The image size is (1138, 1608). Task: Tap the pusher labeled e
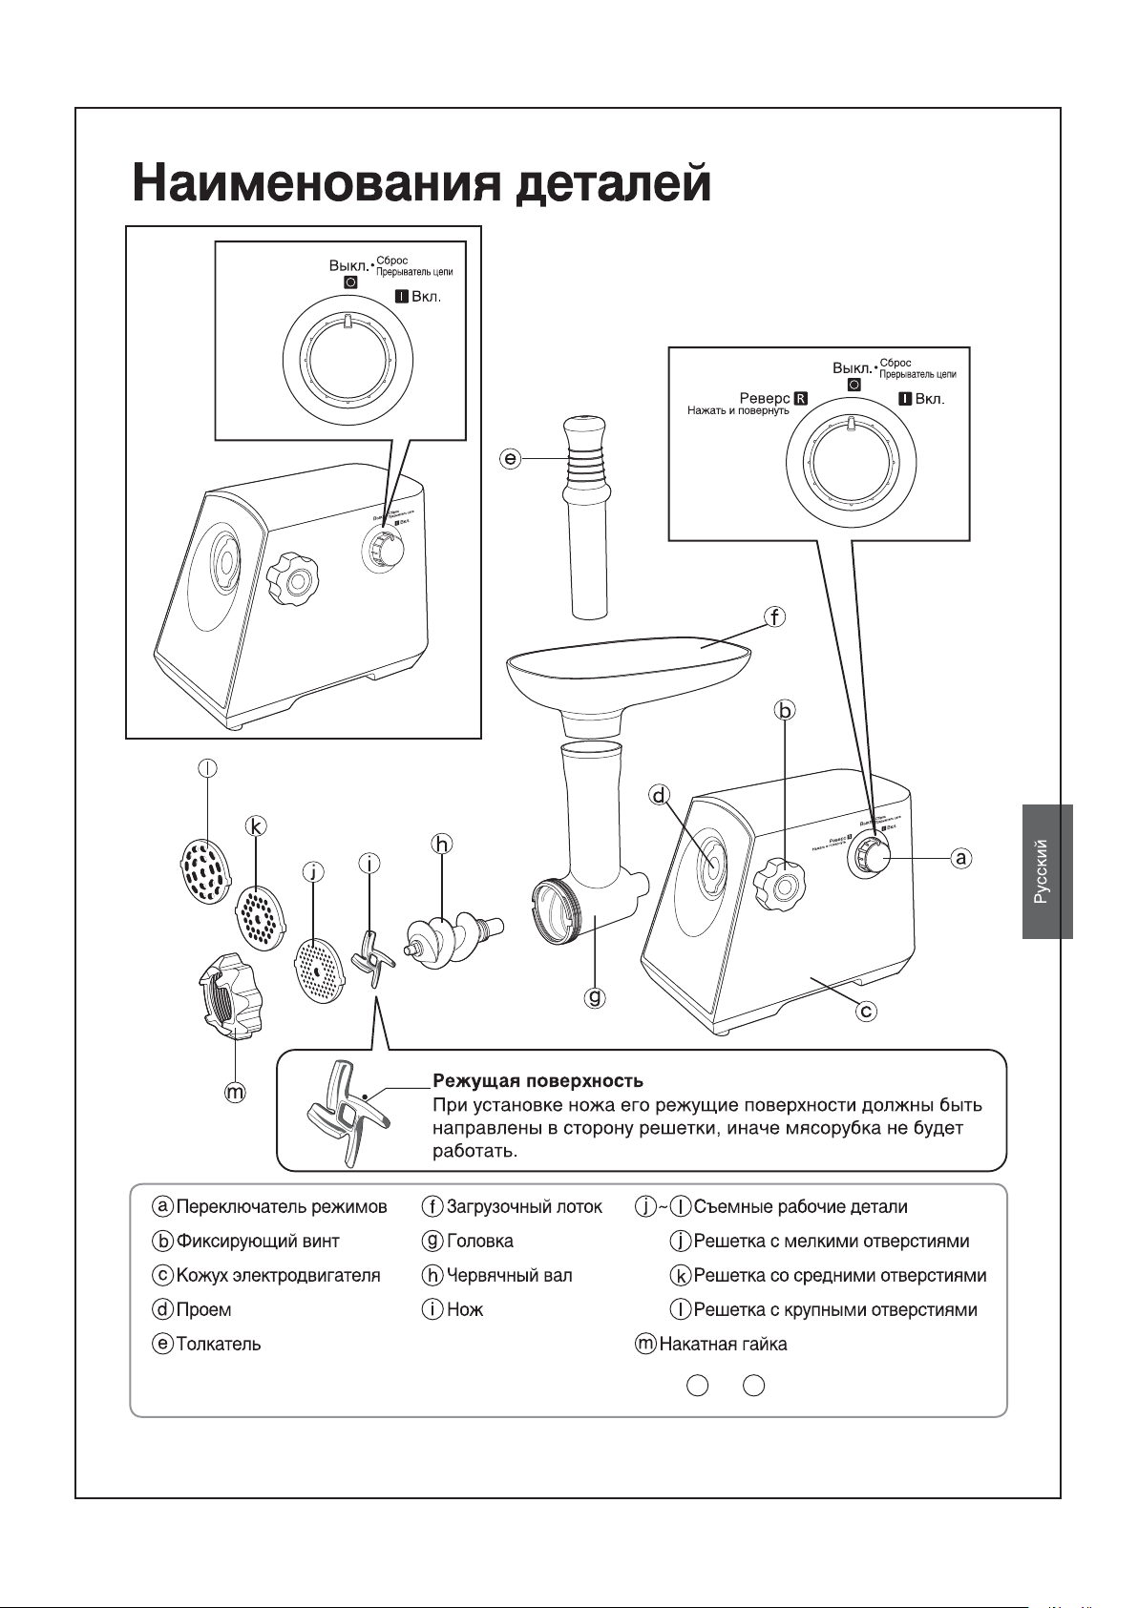coord(584,515)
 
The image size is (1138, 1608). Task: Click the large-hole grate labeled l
coord(205,870)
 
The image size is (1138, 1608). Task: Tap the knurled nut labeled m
coord(228,996)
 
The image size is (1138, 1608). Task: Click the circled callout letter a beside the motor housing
coord(961,858)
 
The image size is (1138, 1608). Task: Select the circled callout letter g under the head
coord(595,998)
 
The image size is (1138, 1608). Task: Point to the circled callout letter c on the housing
coord(866,1010)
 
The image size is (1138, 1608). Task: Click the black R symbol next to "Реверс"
coord(801,398)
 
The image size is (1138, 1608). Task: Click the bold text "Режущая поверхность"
coord(537,1081)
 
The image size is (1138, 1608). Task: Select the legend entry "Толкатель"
coord(218,1344)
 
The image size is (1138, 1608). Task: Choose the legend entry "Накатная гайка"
coord(723,1344)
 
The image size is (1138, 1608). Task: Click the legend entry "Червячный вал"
coord(509,1275)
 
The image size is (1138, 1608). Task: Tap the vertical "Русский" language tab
coord(1046,871)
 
